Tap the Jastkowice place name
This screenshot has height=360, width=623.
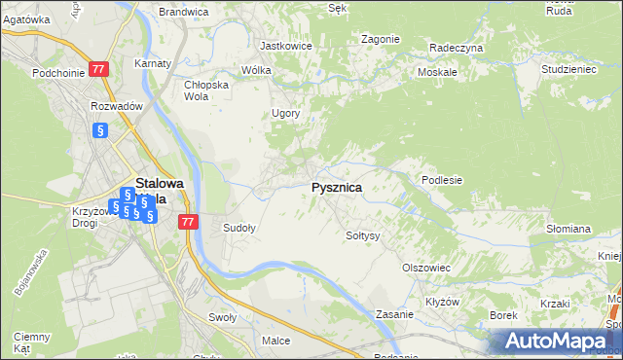pyautogui.click(x=284, y=46)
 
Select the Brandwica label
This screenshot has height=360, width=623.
pyautogui.click(x=183, y=12)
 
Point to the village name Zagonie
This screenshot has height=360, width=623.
pyautogui.click(x=380, y=39)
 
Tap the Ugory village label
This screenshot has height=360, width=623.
pyautogui.click(x=285, y=113)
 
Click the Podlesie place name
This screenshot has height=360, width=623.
pyautogui.click(x=441, y=180)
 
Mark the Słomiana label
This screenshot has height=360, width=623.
pyautogui.click(x=568, y=229)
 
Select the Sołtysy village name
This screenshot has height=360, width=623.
pyautogui.click(x=362, y=235)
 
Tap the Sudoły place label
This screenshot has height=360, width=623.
pyautogui.click(x=239, y=229)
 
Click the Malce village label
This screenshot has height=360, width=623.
pyautogui.click(x=276, y=341)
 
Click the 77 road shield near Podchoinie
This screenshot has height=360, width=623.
pyautogui.click(x=98, y=70)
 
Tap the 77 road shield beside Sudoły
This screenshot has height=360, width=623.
pyautogui.click(x=189, y=223)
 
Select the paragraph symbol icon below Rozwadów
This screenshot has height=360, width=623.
pyautogui.click(x=98, y=130)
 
